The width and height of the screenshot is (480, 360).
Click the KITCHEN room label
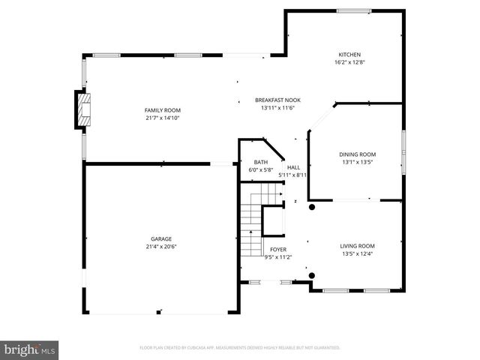pos(349,55)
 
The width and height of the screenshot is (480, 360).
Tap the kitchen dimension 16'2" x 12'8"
pos(349,62)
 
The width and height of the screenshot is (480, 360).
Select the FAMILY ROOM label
pos(163,110)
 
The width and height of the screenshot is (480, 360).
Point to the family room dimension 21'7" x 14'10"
pos(163,118)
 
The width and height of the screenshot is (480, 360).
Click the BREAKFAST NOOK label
pos(277,100)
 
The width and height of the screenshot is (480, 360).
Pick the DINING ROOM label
pos(358,154)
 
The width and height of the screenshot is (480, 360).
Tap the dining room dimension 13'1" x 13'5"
pos(358,162)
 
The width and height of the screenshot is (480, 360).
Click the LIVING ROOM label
pos(357,246)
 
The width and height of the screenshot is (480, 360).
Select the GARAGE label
pos(161,239)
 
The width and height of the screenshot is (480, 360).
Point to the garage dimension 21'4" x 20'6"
pos(161,247)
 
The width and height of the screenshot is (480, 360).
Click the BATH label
pos(260,162)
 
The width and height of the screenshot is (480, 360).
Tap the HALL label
pos(293,168)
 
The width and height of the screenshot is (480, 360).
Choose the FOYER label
pos(277,249)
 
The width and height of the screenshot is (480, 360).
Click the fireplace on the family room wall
pos(81,110)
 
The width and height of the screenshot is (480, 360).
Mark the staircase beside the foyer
pos(250,225)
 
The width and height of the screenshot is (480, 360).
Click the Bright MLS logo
pos(30,349)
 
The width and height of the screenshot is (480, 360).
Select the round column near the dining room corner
pos(312,207)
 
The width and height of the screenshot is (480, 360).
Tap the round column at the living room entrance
pos(312,275)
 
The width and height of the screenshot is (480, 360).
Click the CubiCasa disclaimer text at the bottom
pos(240,348)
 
